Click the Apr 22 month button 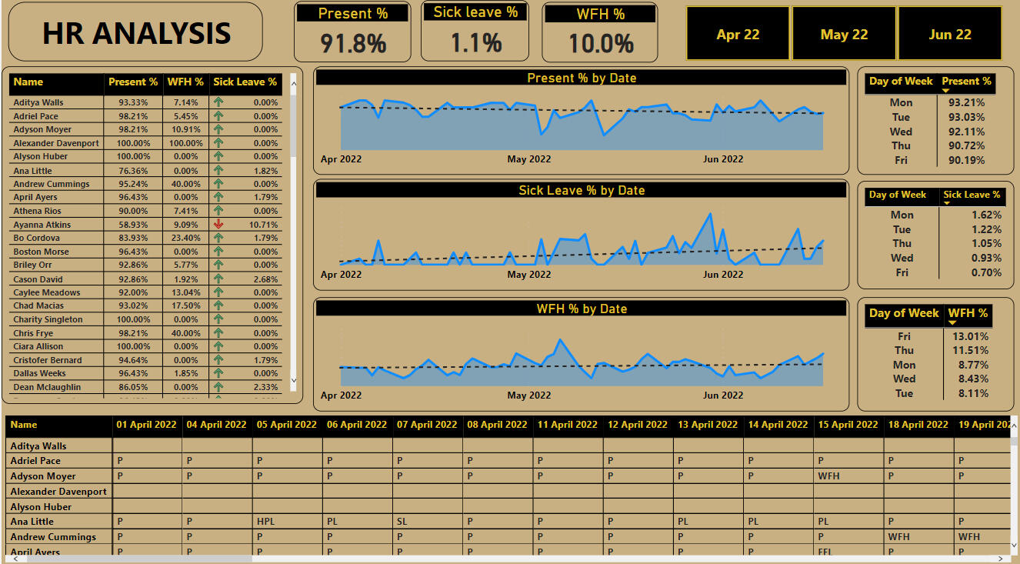coord(737,35)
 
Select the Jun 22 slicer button coord(950,35)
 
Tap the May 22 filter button coord(844,35)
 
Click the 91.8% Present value coord(353,43)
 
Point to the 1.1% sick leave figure coord(475,42)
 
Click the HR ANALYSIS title coord(136,33)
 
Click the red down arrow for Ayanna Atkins coord(218,225)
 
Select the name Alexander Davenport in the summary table coord(56,143)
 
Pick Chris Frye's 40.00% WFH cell coord(185,333)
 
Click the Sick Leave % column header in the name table coord(245,82)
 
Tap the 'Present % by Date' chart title coord(581,78)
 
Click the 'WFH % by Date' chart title coord(581,309)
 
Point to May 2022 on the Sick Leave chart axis coord(528,275)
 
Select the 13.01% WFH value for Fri coord(970,336)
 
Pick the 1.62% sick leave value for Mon coord(986,215)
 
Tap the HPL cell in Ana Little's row coord(265,522)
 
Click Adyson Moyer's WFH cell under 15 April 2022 coord(828,476)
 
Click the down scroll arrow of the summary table coord(293,380)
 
